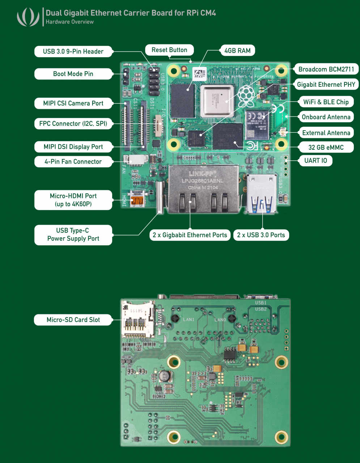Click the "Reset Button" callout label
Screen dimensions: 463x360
pos(169,50)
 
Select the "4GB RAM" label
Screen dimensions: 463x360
pos(237,51)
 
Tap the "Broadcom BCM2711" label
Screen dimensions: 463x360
pos(326,69)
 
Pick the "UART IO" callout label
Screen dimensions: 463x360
pos(315,160)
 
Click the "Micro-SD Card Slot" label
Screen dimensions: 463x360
pos(73,320)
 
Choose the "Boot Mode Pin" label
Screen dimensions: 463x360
pos(73,74)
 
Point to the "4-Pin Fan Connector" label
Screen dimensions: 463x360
pos(73,162)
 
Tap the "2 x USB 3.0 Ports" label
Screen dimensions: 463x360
pos(261,235)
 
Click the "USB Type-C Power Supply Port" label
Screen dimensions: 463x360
pos(73,234)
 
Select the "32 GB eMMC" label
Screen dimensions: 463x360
pos(326,147)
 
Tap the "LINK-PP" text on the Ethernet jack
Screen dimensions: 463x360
pos(202,174)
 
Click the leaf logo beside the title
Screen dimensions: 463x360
pos(28,17)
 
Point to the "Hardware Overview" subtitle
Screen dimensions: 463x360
pos(69,22)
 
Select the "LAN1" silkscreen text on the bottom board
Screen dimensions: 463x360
pos(189,319)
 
